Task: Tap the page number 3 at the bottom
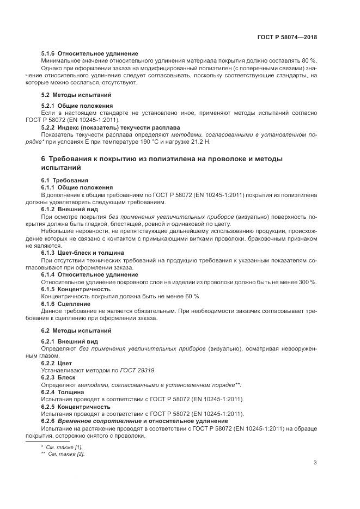coord(315,463)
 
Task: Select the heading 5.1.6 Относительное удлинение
coord(89,54)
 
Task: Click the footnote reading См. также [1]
coord(61,447)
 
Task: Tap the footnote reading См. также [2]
coord(63,453)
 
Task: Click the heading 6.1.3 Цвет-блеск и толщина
coord(83,253)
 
